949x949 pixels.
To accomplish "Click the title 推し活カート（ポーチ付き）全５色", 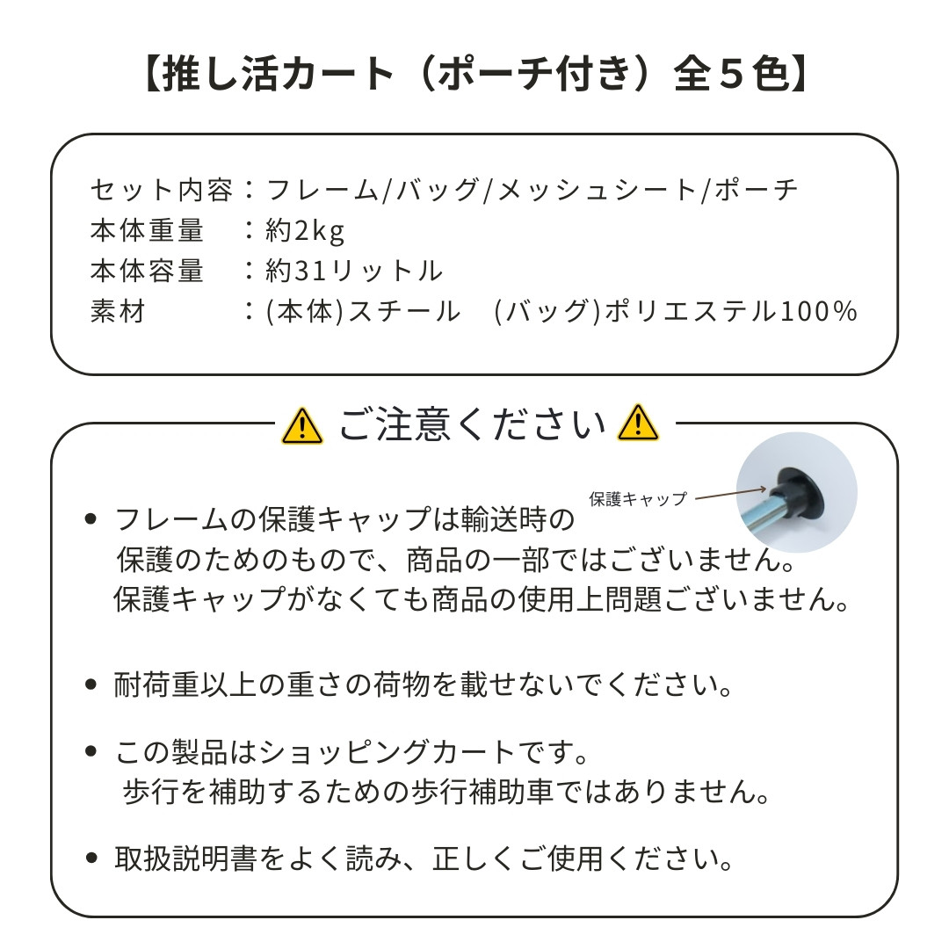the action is point(475,75).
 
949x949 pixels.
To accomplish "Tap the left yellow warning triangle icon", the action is point(302,425).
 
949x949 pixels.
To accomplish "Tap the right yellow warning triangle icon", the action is point(638,423).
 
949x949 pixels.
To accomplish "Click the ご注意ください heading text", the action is point(472,424).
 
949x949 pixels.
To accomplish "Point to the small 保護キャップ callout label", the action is point(638,499).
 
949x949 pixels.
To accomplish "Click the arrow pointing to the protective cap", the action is point(730,494).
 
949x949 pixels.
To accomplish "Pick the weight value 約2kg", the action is point(305,231).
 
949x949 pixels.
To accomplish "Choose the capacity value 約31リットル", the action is point(354,272).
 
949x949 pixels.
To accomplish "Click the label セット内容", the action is point(161,190).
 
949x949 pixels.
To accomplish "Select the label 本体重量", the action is point(147,230).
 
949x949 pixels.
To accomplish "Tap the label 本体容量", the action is point(147,272).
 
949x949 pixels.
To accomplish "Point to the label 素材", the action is point(118,312).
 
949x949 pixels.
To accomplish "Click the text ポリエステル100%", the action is point(732,311).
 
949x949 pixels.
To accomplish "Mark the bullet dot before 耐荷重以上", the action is point(91,685).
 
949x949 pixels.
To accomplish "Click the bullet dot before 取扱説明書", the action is point(91,858).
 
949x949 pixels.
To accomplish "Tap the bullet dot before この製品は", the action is point(91,751).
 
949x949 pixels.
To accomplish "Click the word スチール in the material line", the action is point(404,311).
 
